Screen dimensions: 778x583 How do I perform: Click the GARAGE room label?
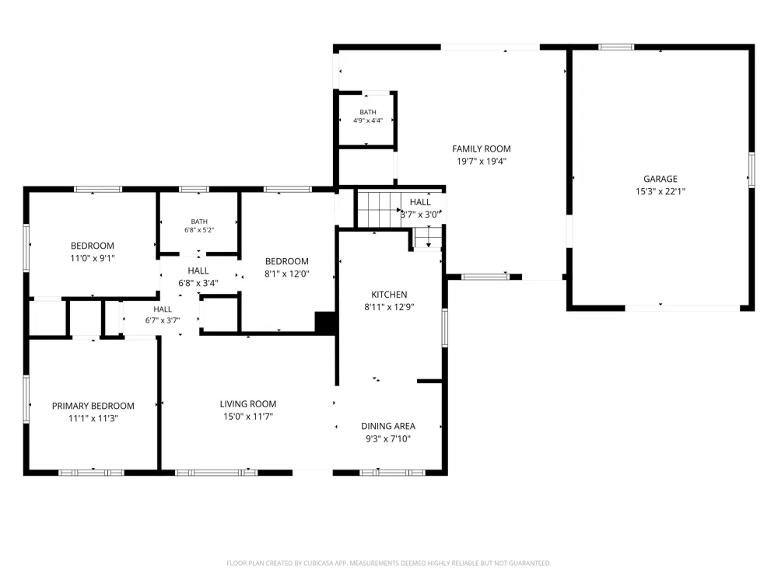(660, 179)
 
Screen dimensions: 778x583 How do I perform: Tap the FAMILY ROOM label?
(482, 148)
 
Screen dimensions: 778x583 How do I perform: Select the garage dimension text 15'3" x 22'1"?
(660, 191)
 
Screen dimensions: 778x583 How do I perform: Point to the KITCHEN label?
(389, 295)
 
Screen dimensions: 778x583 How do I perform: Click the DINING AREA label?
(388, 426)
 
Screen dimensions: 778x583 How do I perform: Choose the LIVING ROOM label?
(248, 404)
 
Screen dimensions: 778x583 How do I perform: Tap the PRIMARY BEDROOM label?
(93, 406)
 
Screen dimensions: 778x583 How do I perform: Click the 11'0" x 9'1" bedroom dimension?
(93, 258)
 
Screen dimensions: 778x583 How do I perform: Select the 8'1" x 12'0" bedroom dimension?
(287, 274)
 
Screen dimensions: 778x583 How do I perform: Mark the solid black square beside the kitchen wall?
(325, 323)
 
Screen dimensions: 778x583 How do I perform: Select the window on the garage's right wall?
(752, 170)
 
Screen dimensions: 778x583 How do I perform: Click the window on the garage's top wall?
(615, 47)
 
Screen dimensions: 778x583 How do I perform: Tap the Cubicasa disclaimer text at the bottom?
(388, 563)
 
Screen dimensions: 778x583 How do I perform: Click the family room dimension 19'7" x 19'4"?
(482, 161)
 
